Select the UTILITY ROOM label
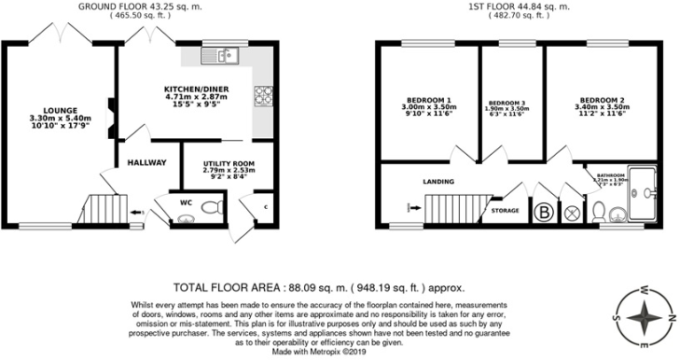(228, 164)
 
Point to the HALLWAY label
(146, 163)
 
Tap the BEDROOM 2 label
(602, 100)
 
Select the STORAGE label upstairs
(506, 212)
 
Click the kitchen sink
(225, 57)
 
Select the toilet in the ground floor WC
(185, 220)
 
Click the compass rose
(642, 317)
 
